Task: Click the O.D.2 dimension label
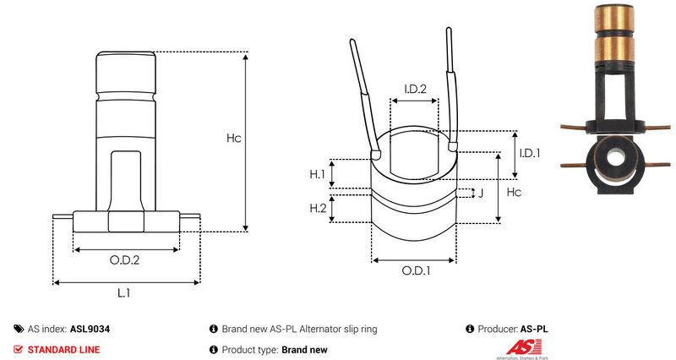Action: (125, 261)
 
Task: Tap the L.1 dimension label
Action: (123, 293)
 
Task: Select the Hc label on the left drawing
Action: (234, 139)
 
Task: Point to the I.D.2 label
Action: (414, 89)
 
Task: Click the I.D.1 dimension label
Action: (530, 153)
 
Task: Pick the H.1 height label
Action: (318, 174)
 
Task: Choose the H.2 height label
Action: (318, 208)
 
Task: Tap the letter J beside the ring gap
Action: (481, 193)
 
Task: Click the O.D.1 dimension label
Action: (416, 271)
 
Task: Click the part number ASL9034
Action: (90, 329)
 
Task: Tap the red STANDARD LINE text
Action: (63, 349)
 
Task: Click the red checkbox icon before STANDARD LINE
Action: (19, 349)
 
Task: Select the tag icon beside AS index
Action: (19, 329)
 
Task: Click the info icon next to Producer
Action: (470, 329)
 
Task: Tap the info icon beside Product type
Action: (213, 349)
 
